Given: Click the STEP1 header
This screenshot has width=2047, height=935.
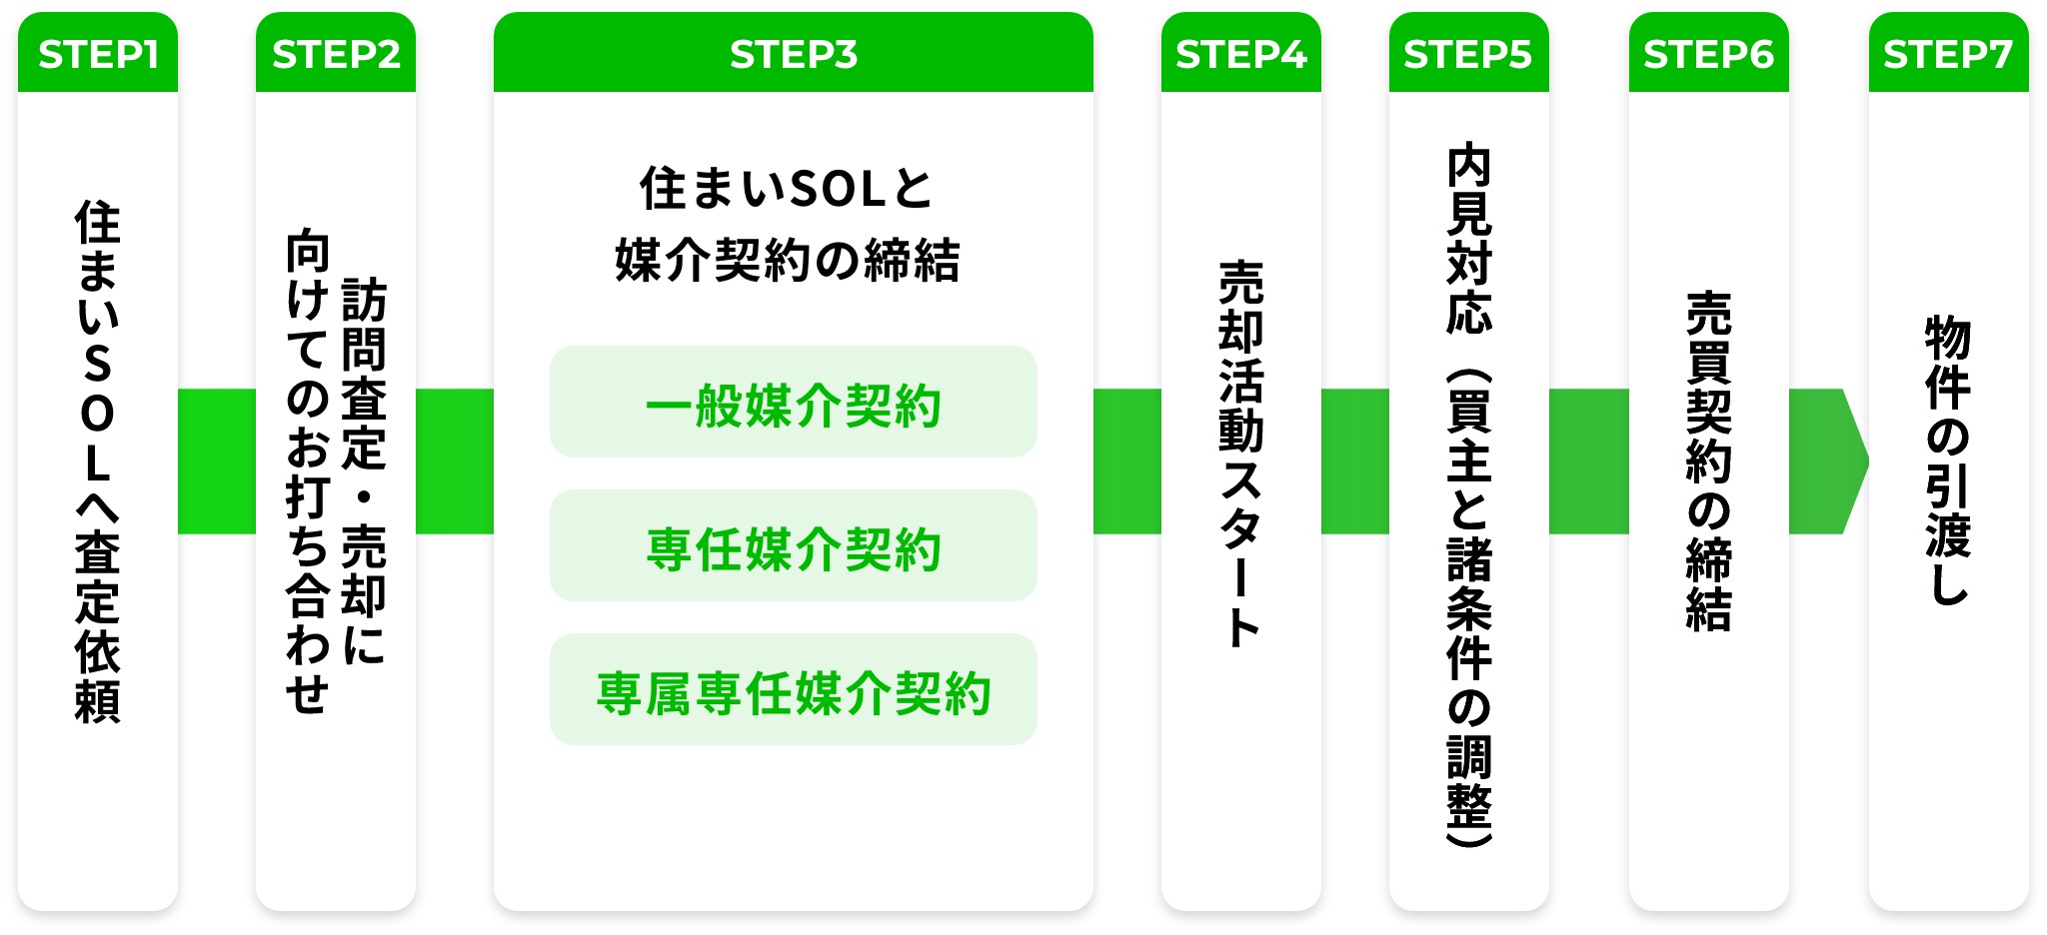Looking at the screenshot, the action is click(x=98, y=54).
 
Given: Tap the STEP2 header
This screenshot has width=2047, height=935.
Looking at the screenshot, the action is click(x=336, y=54).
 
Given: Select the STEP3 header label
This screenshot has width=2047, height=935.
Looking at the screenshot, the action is click(x=794, y=54).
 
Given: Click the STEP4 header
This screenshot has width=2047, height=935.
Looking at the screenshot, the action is click(x=1241, y=54).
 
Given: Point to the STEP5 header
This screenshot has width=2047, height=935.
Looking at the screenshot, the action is click(x=1469, y=54).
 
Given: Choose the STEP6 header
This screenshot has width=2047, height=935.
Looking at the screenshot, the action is click(x=1709, y=54).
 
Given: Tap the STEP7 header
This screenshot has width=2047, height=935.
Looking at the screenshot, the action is click(x=1949, y=54).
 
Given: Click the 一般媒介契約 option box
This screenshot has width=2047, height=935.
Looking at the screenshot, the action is click(x=794, y=402).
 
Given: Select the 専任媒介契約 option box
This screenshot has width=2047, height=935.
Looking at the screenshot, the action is click(x=794, y=545).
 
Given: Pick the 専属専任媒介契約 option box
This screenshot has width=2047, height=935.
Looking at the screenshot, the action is click(x=794, y=689).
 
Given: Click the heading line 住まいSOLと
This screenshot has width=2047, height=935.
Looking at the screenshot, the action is click(x=787, y=189).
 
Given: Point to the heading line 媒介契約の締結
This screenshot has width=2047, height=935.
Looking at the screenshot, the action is click(x=788, y=261).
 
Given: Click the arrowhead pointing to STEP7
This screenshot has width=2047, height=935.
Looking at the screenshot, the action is click(x=1854, y=462).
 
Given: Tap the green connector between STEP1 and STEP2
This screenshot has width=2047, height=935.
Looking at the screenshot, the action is click(x=217, y=462).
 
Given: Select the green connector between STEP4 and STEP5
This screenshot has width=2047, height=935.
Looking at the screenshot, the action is click(x=1355, y=462).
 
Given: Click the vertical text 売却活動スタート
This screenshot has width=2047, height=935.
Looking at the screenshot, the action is click(x=1241, y=455).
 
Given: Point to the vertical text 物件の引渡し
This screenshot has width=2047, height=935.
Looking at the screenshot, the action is click(x=1949, y=461).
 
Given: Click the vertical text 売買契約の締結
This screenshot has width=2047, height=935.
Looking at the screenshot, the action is click(x=1709, y=462).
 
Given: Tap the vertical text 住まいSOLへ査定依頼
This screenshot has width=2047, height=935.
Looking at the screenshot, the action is click(x=98, y=462).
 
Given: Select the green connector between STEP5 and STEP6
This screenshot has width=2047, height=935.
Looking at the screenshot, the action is click(x=1589, y=462).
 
